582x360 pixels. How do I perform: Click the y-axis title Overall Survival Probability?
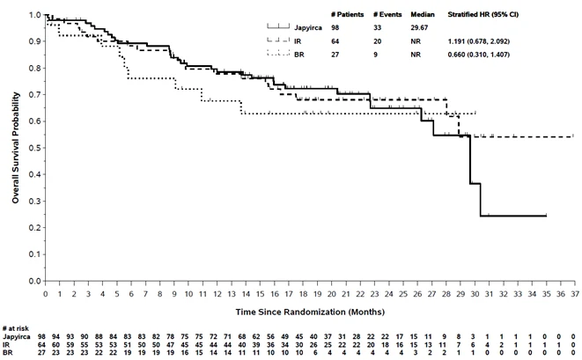[15, 148]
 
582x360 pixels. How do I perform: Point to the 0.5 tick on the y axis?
[44, 148]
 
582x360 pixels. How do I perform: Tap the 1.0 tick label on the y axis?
[35, 15]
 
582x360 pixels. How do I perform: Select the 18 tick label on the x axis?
[303, 294]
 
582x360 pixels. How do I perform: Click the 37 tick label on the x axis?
[575, 294]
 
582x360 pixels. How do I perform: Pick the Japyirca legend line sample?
[278, 26]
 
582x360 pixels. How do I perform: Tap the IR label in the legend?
[298, 41]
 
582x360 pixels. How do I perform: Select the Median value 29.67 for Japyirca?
[419, 28]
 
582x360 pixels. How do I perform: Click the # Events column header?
[387, 14]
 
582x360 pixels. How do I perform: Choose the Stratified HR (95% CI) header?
[483, 14]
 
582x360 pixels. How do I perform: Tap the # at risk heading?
[15, 328]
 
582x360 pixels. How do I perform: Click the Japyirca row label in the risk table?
[17, 337]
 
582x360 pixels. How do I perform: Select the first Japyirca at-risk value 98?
[41, 336]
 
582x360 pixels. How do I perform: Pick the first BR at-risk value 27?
[41, 352]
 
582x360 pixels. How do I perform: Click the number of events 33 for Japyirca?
[377, 28]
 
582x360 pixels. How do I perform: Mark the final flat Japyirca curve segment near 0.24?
[513, 216]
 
